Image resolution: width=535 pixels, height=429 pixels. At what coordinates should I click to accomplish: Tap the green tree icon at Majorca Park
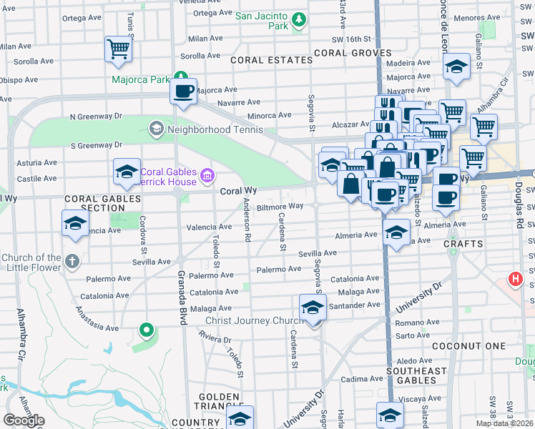pos(182,77)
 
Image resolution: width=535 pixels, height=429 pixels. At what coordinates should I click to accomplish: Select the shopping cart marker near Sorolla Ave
pos(119,49)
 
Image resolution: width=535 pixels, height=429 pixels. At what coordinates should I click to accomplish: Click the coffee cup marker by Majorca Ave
pos(184,92)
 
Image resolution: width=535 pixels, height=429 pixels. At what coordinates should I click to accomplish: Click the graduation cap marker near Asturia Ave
pos(127,172)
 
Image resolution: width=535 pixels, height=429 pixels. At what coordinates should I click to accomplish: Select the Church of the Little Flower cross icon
pos(72,261)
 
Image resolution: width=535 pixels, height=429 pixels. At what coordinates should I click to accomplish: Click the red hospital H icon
pos(514,280)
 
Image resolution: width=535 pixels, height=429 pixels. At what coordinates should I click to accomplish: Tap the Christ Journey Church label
pos(250,320)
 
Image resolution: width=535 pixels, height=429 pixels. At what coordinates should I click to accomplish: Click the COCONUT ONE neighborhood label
pos(479,346)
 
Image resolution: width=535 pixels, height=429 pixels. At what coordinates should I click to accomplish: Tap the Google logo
pos(24,420)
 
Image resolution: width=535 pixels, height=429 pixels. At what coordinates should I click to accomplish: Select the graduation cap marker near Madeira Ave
pos(456,68)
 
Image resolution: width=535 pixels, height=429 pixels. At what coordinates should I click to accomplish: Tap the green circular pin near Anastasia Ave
pos(147,330)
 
